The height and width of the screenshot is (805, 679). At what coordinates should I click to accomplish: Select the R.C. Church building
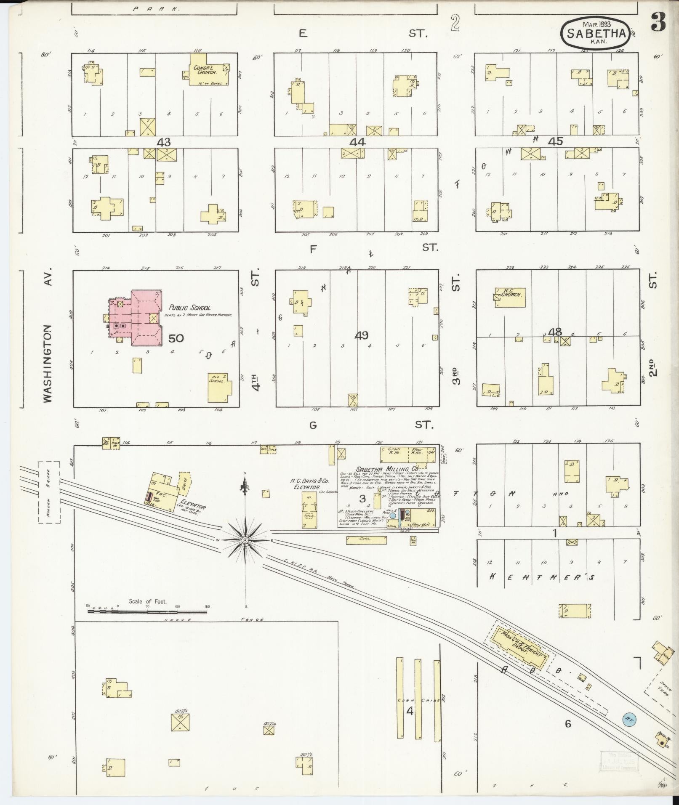(x=510, y=297)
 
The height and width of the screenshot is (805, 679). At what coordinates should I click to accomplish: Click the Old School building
(x=219, y=387)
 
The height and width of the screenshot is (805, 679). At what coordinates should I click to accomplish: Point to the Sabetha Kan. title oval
(x=595, y=33)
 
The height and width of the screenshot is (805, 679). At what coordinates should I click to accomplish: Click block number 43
(x=163, y=142)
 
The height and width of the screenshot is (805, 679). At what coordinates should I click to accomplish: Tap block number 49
(x=361, y=335)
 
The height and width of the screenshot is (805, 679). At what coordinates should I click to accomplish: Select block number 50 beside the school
(x=176, y=338)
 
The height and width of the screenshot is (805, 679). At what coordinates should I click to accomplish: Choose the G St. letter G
(x=313, y=425)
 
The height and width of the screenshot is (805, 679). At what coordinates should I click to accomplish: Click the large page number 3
(x=658, y=22)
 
